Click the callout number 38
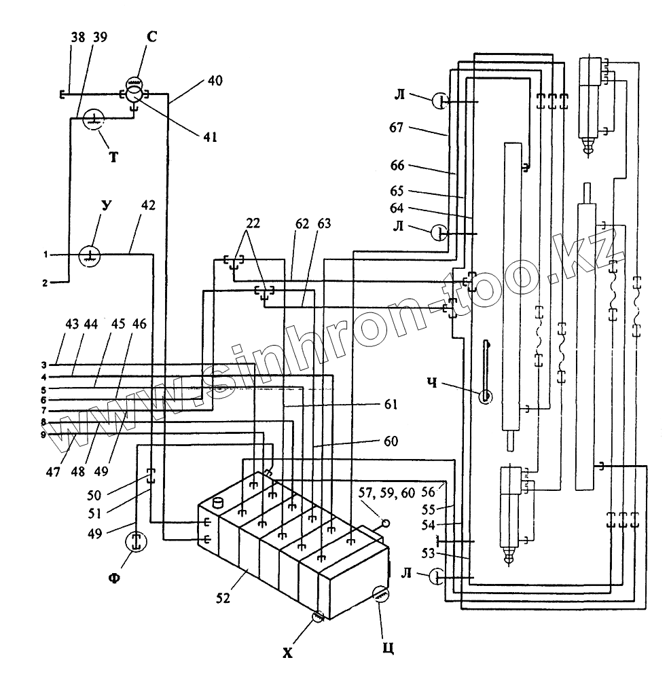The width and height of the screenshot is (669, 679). pyautogui.click(x=78, y=37)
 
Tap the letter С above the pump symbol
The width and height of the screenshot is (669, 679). pyautogui.click(x=151, y=37)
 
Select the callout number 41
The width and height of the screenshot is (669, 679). pyautogui.click(x=210, y=137)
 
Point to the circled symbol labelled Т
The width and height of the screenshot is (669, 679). pyautogui.click(x=94, y=119)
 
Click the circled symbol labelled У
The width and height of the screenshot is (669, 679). pyautogui.click(x=90, y=256)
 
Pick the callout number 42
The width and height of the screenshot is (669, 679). pyautogui.click(x=148, y=205)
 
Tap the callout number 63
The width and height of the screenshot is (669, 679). pyautogui.click(x=324, y=223)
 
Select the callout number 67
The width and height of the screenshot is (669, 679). pyautogui.click(x=397, y=128)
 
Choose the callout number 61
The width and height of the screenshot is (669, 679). pyautogui.click(x=391, y=404)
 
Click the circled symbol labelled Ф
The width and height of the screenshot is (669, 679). pyautogui.click(x=136, y=543)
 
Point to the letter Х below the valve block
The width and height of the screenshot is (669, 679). pyautogui.click(x=288, y=653)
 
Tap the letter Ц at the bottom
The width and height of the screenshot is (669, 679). pyautogui.click(x=388, y=648)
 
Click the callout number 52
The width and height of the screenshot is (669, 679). pyautogui.click(x=223, y=598)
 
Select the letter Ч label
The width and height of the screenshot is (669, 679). pyautogui.click(x=432, y=383)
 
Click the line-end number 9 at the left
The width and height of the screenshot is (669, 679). pyautogui.click(x=43, y=434)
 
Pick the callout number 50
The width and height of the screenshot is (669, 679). pyautogui.click(x=94, y=494)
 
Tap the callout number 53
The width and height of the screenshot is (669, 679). pyautogui.click(x=428, y=553)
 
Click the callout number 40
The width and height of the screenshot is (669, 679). pyautogui.click(x=215, y=81)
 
